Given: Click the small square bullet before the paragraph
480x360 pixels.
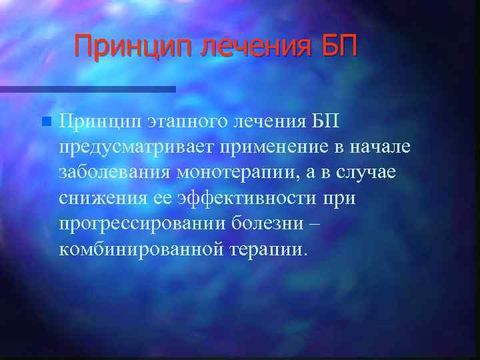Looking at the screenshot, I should click(45, 122).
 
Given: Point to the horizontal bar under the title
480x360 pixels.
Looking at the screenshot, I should click(87, 89).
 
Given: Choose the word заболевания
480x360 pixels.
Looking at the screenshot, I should click(115, 173).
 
